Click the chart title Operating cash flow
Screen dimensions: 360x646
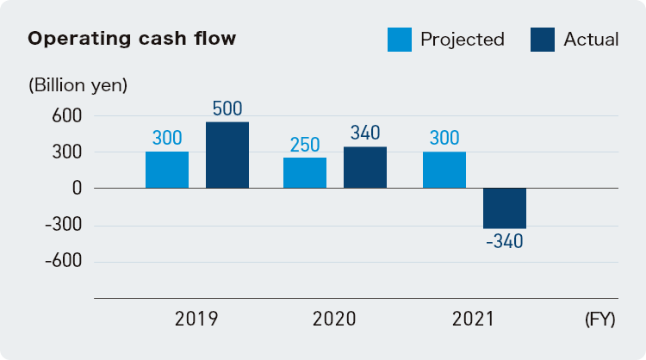pos(132,39)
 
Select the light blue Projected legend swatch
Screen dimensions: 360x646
pos(400,39)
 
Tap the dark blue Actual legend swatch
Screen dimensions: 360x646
pos(543,39)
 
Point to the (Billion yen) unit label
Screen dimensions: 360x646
pos(78,85)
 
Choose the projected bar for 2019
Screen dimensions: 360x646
pos(167,170)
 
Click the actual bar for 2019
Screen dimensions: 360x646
pos(227,155)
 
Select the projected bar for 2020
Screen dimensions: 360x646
pos(305,172)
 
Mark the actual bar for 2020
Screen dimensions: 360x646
pos(365,167)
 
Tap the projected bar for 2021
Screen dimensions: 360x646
pos(444,170)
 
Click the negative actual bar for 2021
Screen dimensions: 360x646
pos(505,208)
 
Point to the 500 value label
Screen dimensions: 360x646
pos(227,109)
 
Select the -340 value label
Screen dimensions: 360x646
pos(505,241)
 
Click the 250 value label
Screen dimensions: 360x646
pos(305,145)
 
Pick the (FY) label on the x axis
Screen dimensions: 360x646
pos(599,320)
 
